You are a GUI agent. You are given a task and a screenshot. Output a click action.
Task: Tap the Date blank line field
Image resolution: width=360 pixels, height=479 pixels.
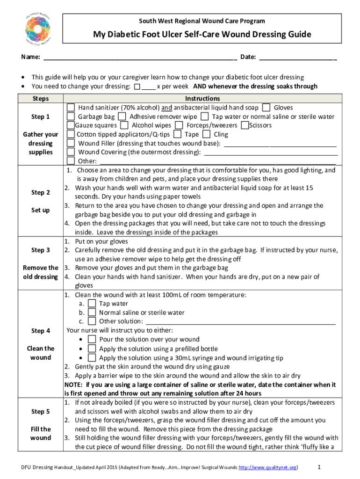click(297, 58)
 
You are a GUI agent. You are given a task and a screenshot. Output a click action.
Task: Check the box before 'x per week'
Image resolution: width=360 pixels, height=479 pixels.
click(137, 87)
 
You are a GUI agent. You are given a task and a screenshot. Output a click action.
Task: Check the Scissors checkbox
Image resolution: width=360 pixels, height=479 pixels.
click(245, 125)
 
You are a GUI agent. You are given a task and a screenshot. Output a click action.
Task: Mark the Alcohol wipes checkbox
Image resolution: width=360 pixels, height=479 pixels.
click(124, 125)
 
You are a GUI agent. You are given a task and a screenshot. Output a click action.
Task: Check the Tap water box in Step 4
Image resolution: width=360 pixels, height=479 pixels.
click(92, 304)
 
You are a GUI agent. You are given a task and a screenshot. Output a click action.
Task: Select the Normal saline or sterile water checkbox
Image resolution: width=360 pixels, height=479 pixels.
click(92, 312)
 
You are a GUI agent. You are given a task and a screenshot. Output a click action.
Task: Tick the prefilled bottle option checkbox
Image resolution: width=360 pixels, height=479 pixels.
click(92, 349)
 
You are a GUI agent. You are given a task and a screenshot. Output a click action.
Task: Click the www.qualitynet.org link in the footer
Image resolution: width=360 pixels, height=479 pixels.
click(268, 467)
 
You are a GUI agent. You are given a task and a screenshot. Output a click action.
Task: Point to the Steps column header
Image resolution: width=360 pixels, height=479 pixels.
click(41, 99)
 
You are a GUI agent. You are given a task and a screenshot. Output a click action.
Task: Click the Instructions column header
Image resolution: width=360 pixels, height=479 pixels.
click(202, 99)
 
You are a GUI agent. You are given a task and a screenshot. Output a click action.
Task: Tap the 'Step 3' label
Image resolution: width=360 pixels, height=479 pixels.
click(41, 250)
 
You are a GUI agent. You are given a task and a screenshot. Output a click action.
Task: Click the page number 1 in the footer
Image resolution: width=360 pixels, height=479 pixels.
click(318, 467)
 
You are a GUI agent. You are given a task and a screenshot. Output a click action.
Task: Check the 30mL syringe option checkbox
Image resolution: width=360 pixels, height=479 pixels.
click(92, 358)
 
